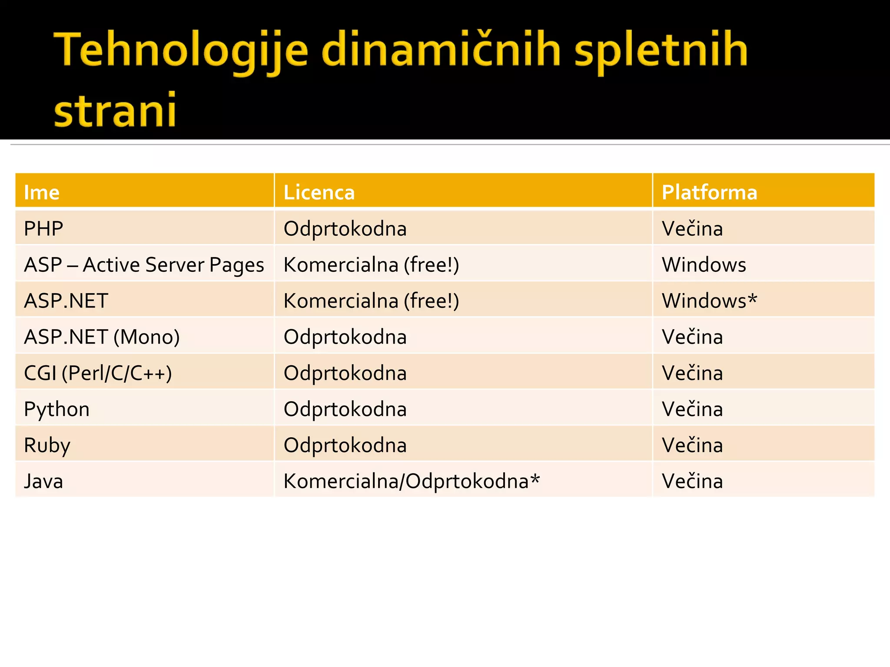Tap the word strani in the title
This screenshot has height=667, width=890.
(x=115, y=110)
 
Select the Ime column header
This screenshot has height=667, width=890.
(x=42, y=192)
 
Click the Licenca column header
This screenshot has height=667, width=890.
(x=319, y=192)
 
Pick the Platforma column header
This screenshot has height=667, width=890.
(x=709, y=192)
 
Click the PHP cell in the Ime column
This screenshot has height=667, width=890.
(x=43, y=228)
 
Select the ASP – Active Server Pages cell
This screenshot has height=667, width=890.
(x=144, y=264)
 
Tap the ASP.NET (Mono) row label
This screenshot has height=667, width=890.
(x=102, y=337)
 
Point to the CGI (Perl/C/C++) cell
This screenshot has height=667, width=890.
(x=98, y=373)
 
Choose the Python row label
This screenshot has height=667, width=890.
(x=56, y=409)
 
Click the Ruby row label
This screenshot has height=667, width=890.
(x=47, y=445)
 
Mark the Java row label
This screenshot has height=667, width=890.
(x=43, y=481)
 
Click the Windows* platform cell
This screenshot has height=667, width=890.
(x=709, y=300)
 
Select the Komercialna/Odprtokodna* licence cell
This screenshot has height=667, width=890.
(x=411, y=481)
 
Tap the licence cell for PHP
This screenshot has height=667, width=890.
(x=345, y=228)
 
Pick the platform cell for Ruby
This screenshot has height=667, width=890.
(x=692, y=445)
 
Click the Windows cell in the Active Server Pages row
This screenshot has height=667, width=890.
(x=704, y=264)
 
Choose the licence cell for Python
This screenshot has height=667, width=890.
(x=345, y=409)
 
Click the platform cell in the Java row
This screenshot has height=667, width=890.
(x=692, y=481)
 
